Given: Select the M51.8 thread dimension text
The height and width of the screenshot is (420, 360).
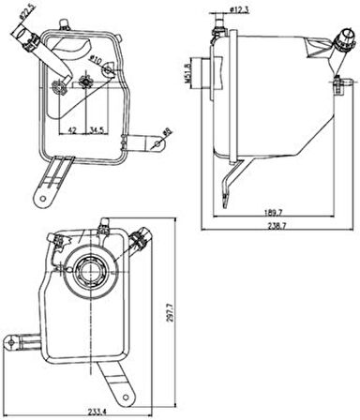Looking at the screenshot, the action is [x=192, y=71].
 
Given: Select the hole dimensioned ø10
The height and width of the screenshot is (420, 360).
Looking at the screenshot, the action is [x=87, y=82].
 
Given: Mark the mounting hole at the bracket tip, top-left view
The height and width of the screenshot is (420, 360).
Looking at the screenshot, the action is [x=43, y=199].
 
